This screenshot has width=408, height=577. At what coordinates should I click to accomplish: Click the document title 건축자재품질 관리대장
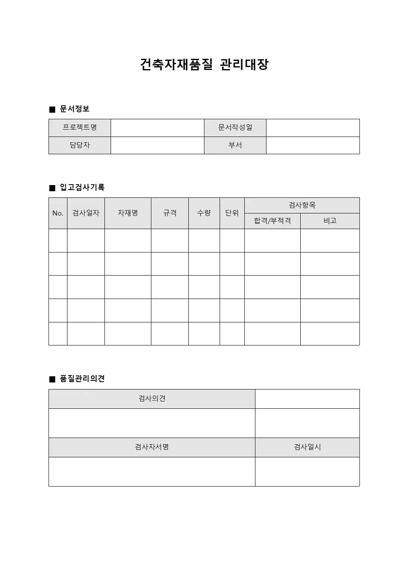(204, 65)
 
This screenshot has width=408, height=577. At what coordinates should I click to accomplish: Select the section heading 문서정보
(74, 109)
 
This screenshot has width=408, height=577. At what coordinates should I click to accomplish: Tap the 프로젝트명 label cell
(80, 127)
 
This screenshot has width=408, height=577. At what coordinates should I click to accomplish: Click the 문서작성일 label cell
(235, 127)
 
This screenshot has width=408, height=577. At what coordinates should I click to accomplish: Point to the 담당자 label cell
(80, 145)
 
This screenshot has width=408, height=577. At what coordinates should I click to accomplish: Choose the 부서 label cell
(235, 145)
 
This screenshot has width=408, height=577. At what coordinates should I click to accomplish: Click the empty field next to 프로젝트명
(158, 127)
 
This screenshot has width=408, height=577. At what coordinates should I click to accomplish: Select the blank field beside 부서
(313, 145)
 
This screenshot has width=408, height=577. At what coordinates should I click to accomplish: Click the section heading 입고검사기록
(82, 188)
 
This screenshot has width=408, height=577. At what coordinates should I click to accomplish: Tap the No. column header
(58, 213)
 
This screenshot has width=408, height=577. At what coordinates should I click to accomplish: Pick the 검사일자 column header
(86, 213)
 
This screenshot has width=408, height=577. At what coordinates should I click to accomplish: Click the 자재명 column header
(128, 213)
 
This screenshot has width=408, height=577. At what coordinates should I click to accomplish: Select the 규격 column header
(170, 213)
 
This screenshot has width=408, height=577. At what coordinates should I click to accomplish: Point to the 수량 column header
(204, 213)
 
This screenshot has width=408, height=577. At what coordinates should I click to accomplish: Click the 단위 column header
(232, 213)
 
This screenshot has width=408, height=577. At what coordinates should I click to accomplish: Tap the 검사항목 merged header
(302, 205)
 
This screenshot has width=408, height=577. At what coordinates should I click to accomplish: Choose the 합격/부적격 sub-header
(272, 221)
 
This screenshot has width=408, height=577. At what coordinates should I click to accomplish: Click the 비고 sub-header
(330, 221)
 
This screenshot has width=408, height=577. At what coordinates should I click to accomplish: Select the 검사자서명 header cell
(152, 447)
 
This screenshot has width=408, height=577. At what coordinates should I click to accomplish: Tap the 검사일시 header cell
(307, 447)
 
